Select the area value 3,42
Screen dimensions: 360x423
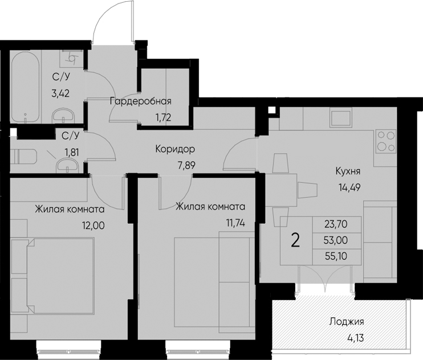[x=60, y=93]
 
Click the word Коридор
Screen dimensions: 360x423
[x=175, y=150]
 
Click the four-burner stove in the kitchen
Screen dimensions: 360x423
[x=386, y=141]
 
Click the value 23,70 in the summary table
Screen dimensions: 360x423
[x=335, y=224]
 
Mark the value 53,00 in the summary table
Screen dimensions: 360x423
[x=335, y=240]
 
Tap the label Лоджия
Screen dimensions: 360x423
[x=346, y=322]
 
